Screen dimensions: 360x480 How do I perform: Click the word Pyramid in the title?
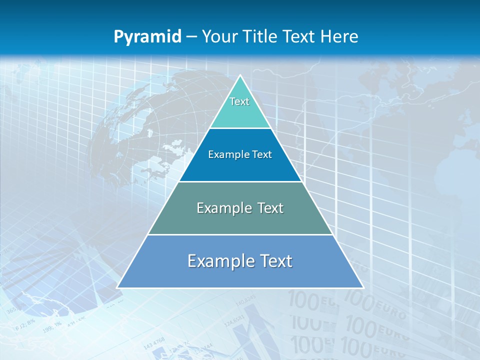point(147,37)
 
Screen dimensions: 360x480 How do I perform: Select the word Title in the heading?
point(263,36)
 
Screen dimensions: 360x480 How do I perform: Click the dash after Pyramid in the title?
point(191,37)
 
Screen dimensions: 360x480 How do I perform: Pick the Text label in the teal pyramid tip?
point(239,101)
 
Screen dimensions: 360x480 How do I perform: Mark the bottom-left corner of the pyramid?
point(117,287)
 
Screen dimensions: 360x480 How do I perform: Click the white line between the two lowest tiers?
point(240,234)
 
